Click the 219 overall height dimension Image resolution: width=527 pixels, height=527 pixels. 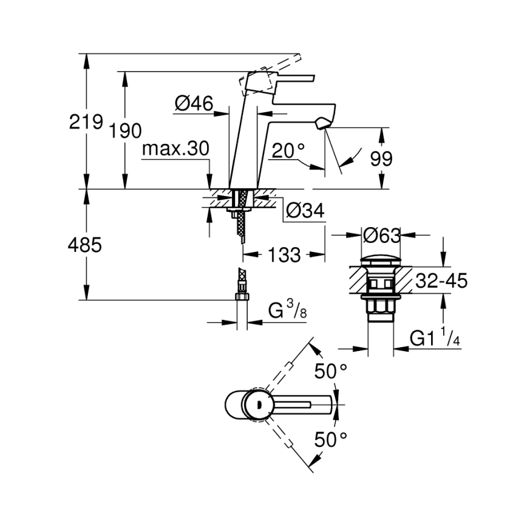coord(85,122)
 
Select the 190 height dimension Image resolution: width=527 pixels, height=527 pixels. coord(126,131)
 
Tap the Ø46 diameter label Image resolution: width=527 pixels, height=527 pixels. coord(193,104)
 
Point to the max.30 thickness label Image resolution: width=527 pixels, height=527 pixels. coord(175,149)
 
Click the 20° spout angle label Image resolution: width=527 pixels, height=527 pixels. coord(288,151)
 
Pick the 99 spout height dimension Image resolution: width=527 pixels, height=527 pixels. coord(381,159)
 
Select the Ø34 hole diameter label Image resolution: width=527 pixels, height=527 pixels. coord(304,211)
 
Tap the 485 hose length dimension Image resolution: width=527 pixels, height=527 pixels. coord(85,245)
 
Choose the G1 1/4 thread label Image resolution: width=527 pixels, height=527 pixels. coord(435,338)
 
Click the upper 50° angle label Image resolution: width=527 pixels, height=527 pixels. coord(331,371)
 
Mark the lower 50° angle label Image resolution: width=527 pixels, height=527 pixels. coord(331,439)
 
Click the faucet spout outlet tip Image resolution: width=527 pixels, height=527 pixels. coord(321,123)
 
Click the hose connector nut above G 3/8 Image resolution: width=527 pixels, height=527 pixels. coord(242,296)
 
